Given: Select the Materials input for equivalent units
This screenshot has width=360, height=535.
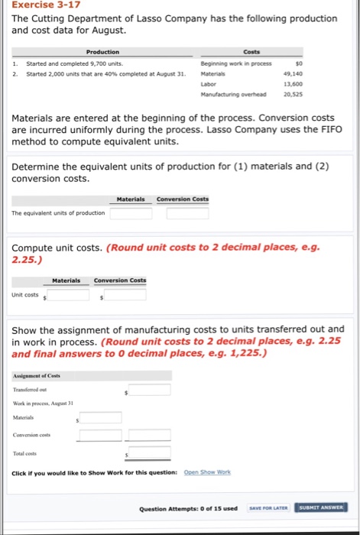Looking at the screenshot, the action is coord(130,212).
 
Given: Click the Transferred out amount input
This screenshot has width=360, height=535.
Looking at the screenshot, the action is coord(150,391).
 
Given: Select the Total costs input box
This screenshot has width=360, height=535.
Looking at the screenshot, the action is coord(150,454).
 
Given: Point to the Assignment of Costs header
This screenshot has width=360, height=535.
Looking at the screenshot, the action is coord(37,375).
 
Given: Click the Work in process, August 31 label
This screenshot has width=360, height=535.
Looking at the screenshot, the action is coord(42,403).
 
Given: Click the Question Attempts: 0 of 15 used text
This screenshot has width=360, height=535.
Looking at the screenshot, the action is coord(188,508).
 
